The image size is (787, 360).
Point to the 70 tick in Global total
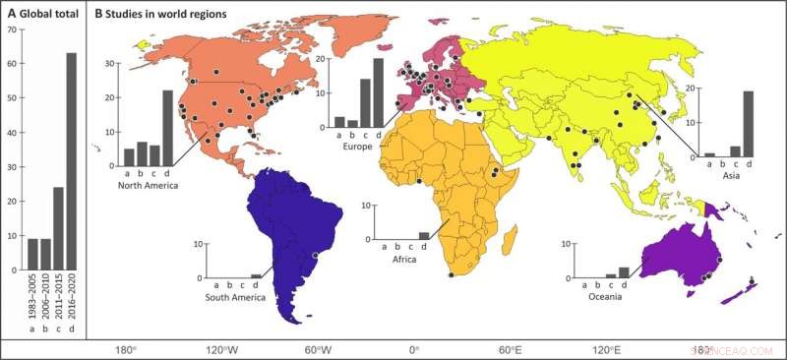click(11, 30)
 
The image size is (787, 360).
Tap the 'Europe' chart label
click(358, 145)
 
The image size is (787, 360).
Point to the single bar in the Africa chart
click(424, 235)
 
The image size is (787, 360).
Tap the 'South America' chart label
click(234, 297)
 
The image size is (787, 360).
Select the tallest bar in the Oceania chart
click(623, 271)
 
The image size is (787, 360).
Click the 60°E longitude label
click(510, 349)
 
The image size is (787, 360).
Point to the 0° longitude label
click(414, 349)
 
